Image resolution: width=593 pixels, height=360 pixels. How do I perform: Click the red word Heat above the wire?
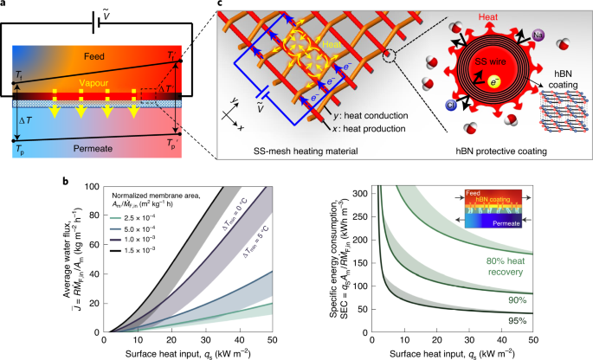click(488, 19)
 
